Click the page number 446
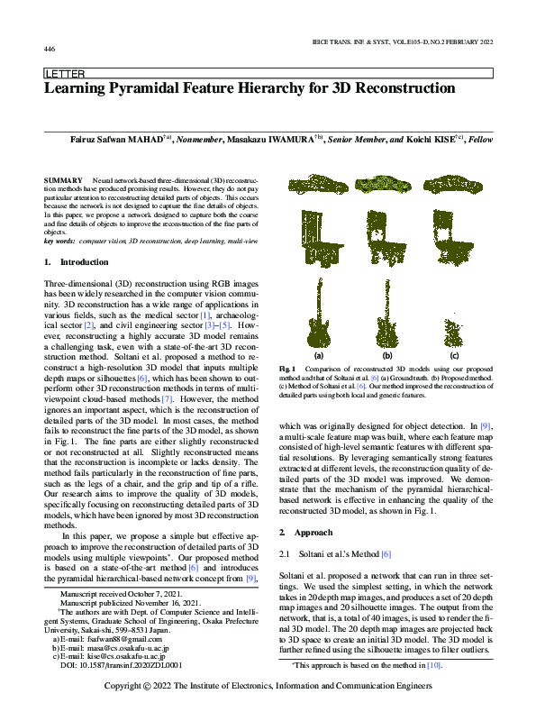click(x=50, y=49)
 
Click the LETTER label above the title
click(x=64, y=74)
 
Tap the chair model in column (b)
click(x=387, y=238)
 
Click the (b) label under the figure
click(x=388, y=356)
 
